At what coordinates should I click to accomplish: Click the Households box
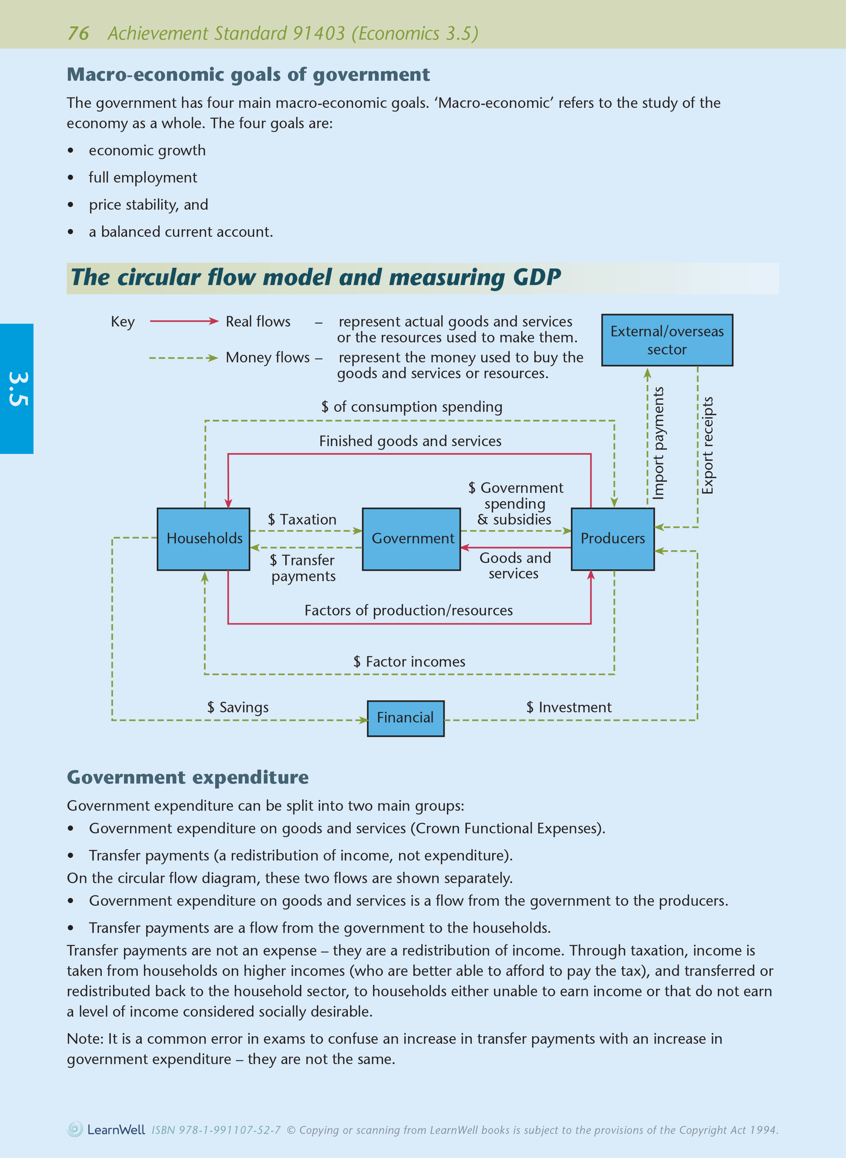click(x=203, y=539)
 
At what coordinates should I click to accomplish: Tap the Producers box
click(x=613, y=539)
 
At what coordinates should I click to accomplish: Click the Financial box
click(x=406, y=718)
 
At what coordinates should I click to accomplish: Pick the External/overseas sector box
click(x=667, y=340)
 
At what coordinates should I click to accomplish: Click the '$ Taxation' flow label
click(x=302, y=519)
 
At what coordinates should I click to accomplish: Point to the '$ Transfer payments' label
click(x=303, y=568)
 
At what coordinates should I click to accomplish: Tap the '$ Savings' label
click(x=238, y=708)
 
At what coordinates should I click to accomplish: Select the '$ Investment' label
click(x=569, y=708)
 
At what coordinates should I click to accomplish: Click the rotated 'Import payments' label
click(x=658, y=443)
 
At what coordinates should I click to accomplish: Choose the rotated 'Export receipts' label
click(x=708, y=446)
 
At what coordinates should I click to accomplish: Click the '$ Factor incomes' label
click(x=409, y=662)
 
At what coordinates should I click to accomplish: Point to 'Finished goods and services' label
click(x=410, y=441)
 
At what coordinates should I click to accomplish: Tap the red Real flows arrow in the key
click(x=184, y=321)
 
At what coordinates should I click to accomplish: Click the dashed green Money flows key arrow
click(x=184, y=358)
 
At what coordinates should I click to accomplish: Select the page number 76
click(x=78, y=33)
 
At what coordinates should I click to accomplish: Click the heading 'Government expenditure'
click(x=188, y=777)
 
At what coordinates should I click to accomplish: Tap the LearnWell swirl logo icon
click(x=75, y=1129)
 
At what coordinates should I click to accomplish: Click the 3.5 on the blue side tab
click(x=18, y=389)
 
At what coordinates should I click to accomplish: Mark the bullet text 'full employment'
click(x=143, y=178)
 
